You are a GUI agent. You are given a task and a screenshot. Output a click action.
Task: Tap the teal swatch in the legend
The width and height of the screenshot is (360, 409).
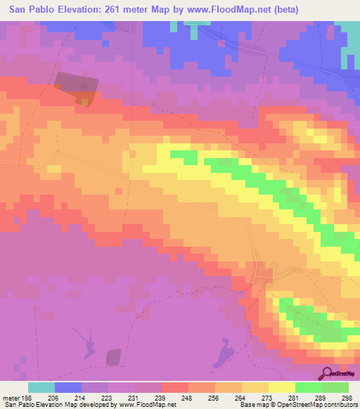[41, 387]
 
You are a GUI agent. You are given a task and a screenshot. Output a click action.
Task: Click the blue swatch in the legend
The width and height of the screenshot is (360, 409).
[68, 387]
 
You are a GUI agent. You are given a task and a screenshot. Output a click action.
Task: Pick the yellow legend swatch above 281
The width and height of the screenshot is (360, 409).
[281, 387]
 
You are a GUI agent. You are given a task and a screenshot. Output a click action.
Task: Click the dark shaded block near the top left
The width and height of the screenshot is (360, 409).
[73, 89]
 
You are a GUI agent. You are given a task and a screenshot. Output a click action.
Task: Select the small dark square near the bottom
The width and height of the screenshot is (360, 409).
[114, 358]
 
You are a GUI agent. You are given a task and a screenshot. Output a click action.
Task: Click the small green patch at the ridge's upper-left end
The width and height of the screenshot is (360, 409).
[184, 155]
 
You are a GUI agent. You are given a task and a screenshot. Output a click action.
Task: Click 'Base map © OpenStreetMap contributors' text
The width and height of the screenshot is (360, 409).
[297, 405]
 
